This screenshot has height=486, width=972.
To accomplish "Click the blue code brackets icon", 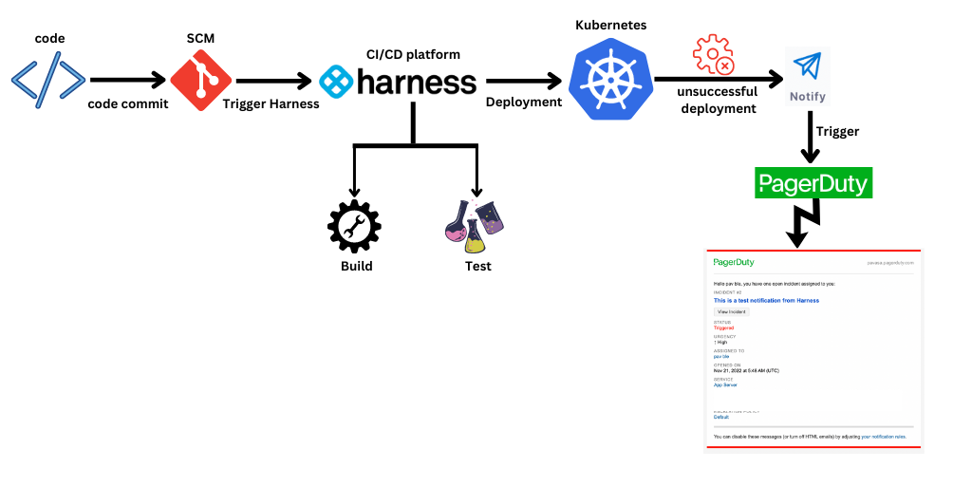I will pos(48,79).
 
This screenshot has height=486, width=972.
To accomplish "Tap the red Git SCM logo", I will pos(200,80).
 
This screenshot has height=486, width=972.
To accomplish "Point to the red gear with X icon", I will pos(714,55).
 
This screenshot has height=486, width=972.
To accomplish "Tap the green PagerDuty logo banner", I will pos(813,183).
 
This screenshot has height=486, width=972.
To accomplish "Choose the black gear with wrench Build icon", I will pos(354,226).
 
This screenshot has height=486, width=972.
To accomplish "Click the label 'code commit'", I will pos(128,103).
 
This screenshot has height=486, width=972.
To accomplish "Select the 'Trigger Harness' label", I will pos(271,103).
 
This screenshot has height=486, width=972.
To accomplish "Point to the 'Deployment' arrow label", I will pos(524,102).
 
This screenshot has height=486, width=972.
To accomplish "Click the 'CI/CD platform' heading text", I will pos(414,54).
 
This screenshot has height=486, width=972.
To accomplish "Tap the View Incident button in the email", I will pos(731,311).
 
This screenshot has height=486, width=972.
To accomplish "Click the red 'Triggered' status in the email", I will pos(724,327).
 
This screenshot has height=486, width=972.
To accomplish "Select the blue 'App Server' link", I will pos(725,384).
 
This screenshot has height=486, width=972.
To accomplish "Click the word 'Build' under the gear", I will pos(357,266).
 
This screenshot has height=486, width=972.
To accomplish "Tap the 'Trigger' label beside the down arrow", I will pos(837,132).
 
